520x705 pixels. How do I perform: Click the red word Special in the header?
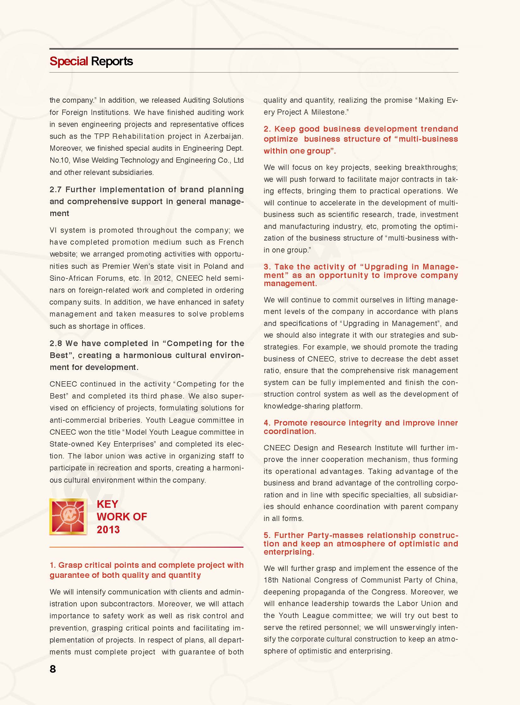pyautogui.click(x=69, y=61)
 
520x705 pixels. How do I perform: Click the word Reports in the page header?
pyautogui.click(x=112, y=61)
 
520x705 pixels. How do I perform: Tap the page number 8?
pyautogui.click(x=53, y=669)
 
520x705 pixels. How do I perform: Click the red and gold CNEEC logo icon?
pyautogui.click(x=68, y=516)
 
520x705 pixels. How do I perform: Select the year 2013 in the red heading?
pyautogui.click(x=108, y=529)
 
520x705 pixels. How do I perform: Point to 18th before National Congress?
pyautogui.click(x=271, y=580)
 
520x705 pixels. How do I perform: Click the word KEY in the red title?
pyautogui.click(x=107, y=504)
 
